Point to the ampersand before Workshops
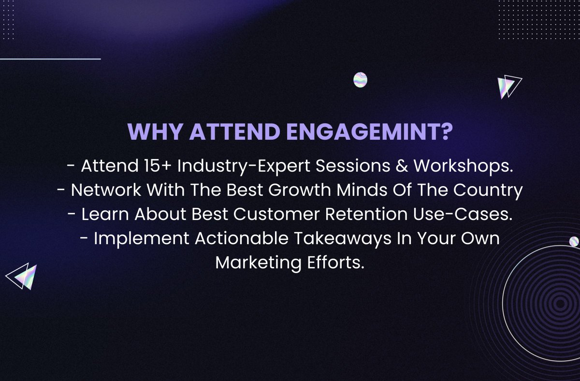[x=401, y=166]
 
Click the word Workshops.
[x=463, y=166]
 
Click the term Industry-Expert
[x=246, y=166]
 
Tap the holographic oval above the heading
[x=360, y=80]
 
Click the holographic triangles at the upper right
[x=508, y=87]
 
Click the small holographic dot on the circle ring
[x=574, y=241]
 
